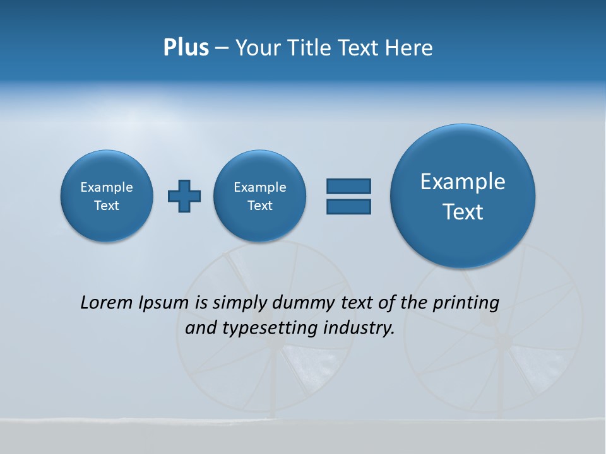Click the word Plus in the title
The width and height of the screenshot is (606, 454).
tap(186, 48)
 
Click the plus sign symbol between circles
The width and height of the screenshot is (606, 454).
tap(184, 196)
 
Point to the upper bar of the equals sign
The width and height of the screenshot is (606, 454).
tap(348, 186)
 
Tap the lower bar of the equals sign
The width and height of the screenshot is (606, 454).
tap(348, 206)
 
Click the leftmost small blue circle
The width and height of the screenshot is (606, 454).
tap(107, 196)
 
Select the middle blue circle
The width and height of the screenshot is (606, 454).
tap(260, 196)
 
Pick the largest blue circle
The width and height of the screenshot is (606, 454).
tap(463, 196)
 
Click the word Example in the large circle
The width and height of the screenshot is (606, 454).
tap(463, 182)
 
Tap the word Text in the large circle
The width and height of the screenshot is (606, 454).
tap(463, 212)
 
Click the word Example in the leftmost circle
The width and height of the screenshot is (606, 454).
tap(107, 187)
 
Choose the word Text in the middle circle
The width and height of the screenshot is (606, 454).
tap(260, 206)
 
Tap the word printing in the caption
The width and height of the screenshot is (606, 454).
tap(465, 303)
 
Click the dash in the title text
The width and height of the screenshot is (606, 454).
tap(222, 49)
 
